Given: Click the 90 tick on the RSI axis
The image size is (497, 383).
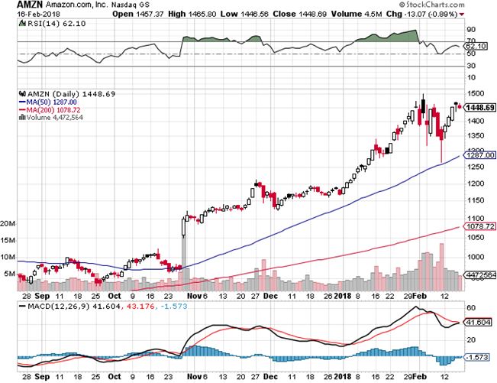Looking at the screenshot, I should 471,31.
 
